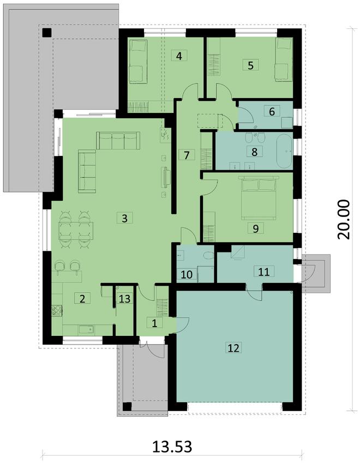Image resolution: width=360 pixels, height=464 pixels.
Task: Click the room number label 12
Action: point(233,348)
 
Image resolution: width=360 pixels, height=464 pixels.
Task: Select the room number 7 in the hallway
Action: point(187,154)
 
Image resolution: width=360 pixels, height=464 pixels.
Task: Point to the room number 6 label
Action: point(269,111)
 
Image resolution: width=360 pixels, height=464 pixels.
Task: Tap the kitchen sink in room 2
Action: point(86,329)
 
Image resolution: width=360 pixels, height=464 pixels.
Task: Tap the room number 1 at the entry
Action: point(154,323)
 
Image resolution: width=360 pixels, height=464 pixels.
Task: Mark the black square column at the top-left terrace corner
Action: point(47,32)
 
